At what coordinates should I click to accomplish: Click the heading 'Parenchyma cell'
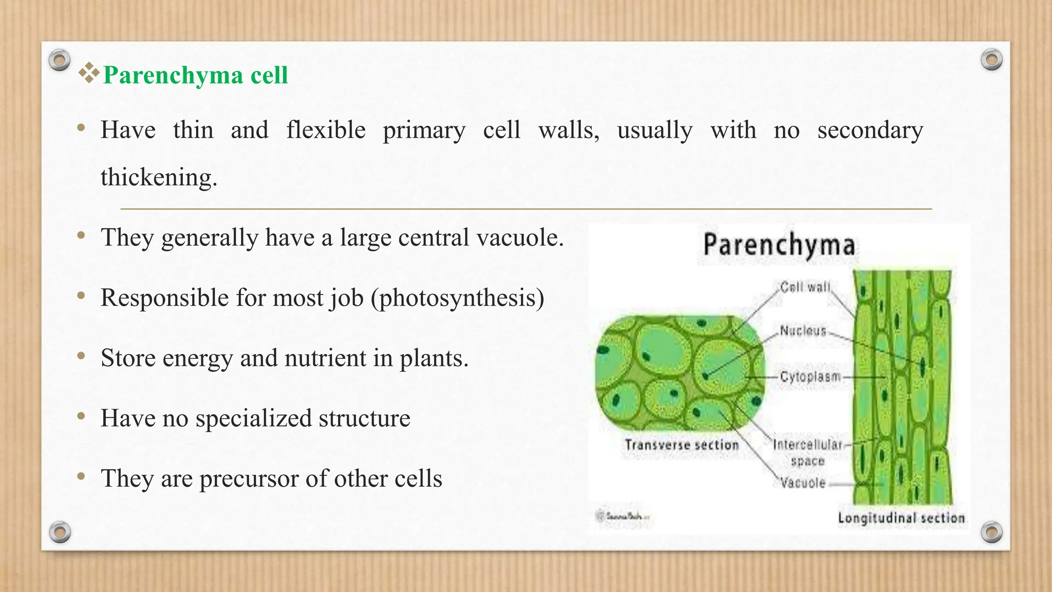pos(195,76)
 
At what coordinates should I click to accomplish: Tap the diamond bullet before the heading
pos(89,73)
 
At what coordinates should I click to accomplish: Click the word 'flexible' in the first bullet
pos(326,129)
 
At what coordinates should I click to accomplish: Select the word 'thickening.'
pos(159,177)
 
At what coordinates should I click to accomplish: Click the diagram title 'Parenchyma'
pos(779,245)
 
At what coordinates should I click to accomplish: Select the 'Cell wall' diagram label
pos(804,287)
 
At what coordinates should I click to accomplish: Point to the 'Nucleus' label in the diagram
pos(803,330)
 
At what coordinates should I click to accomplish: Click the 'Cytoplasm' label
pos(810,377)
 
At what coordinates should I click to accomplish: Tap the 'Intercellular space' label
pos(807,452)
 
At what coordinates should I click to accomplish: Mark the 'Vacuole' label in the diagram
pos(802,483)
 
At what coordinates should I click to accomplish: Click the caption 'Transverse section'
pos(681,445)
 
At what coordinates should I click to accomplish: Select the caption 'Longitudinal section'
pos(901,517)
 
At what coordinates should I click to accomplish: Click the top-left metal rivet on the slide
pos(60,60)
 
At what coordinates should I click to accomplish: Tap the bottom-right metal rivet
pos(991,532)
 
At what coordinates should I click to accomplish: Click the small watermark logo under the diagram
pos(622,515)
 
